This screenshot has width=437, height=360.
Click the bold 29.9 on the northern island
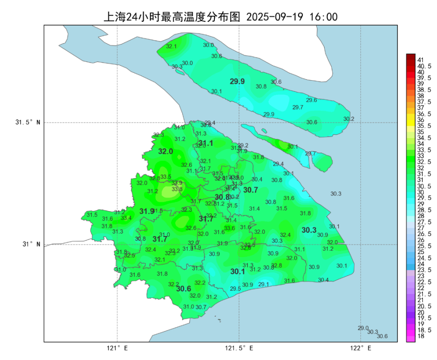[x=237, y=82]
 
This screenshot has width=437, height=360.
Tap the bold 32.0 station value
[x=165, y=151]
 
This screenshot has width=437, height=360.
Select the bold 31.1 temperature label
[x=206, y=143]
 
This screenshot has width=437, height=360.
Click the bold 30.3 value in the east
[x=309, y=230]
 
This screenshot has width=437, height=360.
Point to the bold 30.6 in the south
[x=183, y=288]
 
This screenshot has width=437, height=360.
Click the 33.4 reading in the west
[x=126, y=218]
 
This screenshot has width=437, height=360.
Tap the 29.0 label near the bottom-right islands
[x=363, y=328]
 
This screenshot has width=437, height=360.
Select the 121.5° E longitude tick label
[x=239, y=348]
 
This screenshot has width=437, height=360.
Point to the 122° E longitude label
[x=361, y=348]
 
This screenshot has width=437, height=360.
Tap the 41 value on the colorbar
[x=421, y=60]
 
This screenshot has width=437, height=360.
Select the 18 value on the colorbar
[x=421, y=336]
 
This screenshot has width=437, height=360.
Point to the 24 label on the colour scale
[x=421, y=264]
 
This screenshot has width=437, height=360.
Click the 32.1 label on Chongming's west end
[x=171, y=46]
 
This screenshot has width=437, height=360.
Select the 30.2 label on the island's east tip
[x=349, y=119]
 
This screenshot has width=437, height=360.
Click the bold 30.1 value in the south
[x=238, y=271]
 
